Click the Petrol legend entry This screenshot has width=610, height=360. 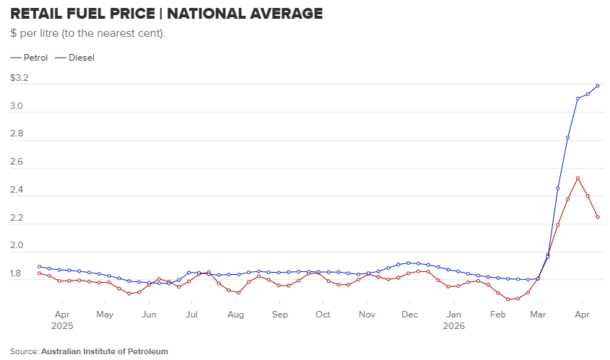click(x=29, y=58)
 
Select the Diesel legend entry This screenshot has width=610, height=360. click(x=74, y=58)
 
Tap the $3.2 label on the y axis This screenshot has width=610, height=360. click(x=19, y=78)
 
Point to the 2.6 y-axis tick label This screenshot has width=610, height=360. click(x=17, y=162)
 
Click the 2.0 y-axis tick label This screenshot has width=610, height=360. click(x=17, y=245)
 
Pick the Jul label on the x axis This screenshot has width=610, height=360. click(x=191, y=314)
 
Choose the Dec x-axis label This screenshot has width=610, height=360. click(x=409, y=314)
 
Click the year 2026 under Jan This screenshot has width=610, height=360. click(x=453, y=326)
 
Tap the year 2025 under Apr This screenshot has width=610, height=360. click(x=62, y=326)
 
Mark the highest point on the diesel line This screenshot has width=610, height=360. click(x=598, y=86)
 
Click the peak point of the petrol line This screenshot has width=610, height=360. click(x=578, y=178)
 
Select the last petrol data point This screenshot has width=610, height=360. click(x=598, y=217)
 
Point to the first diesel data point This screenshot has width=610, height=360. click(x=39, y=267)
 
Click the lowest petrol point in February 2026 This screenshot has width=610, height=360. click(x=507, y=299)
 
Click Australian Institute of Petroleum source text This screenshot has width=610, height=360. click(x=105, y=351)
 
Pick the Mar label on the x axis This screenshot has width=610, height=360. click(x=538, y=314)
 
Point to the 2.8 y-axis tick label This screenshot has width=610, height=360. click(x=17, y=133)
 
